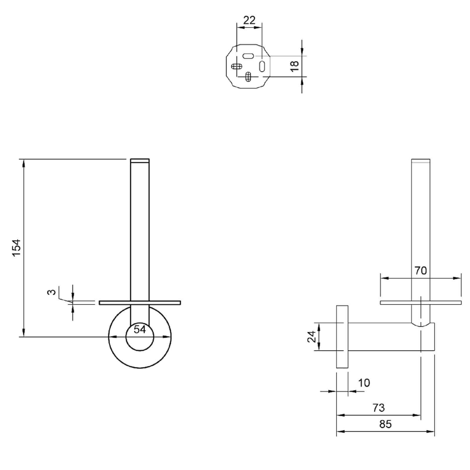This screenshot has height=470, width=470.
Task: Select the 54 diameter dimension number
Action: tap(140, 329)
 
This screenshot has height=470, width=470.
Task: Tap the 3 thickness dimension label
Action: tap(52, 292)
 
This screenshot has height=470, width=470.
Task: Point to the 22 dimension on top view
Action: tap(249, 20)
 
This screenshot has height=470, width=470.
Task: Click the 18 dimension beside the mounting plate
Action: tap(294, 66)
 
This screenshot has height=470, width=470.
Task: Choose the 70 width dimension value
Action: tap(420, 271)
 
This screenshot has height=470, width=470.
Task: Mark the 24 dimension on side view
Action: tap(311, 337)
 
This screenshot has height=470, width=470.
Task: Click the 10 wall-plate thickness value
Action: tap(364, 383)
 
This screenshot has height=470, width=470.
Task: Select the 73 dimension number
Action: tap(379, 407)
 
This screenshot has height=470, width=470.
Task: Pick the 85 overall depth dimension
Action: tap(385, 424)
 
